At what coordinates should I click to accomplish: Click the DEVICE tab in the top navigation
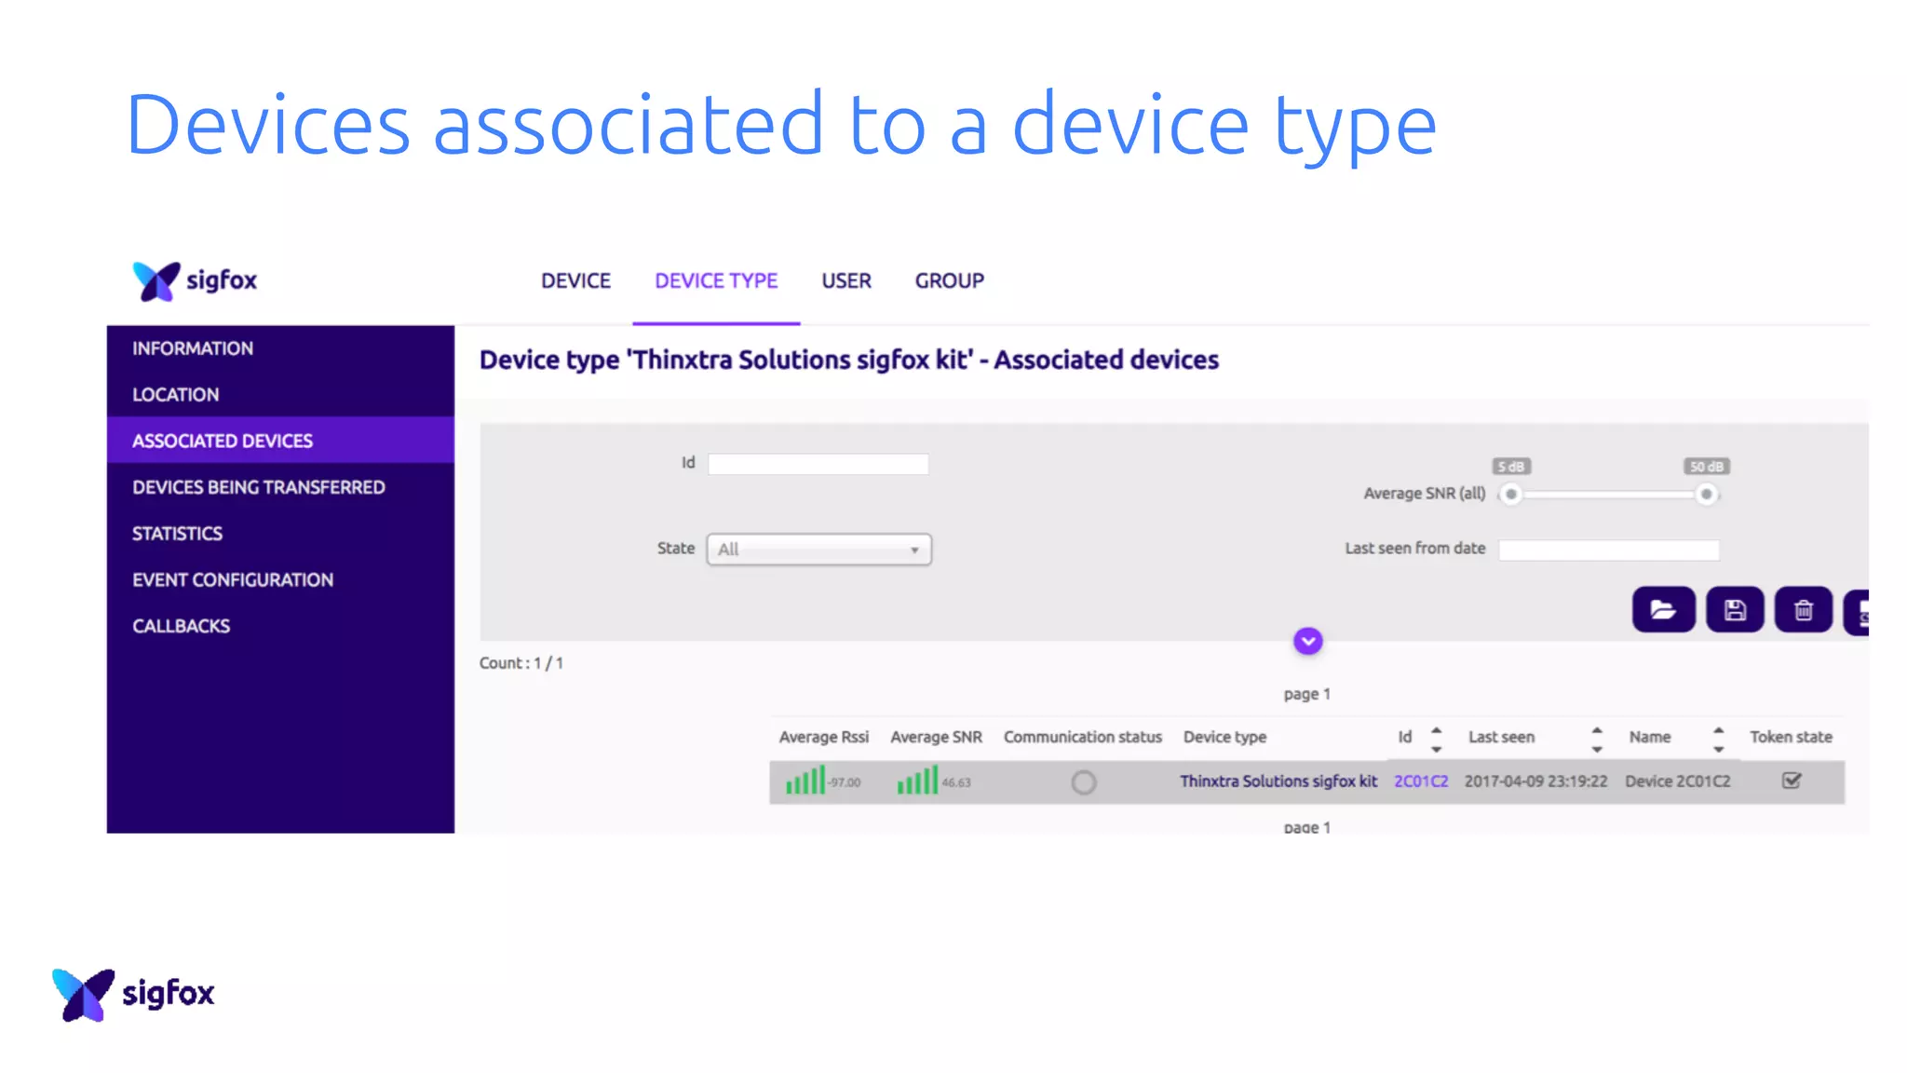tap(575, 280)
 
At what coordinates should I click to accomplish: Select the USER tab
tap(845, 280)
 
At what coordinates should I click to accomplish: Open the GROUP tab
tap(949, 280)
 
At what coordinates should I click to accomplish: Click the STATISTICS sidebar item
tap(177, 534)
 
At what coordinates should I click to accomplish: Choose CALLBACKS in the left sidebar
tap(181, 626)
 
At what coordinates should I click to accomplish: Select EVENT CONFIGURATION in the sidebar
tap(233, 579)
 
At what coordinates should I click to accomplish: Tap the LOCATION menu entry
tap(175, 395)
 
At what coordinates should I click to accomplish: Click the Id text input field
tap(818, 464)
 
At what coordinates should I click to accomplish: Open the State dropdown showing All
tap(818, 550)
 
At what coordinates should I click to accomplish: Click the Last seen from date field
tap(1608, 550)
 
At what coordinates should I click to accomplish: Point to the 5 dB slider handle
tap(1510, 495)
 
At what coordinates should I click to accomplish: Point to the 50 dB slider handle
tap(1706, 495)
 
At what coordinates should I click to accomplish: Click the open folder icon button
tap(1663, 610)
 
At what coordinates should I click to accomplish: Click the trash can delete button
tap(1803, 610)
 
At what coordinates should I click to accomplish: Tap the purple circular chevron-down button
tap(1307, 641)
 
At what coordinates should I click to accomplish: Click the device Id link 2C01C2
tap(1420, 781)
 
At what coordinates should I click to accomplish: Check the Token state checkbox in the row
tap(1791, 781)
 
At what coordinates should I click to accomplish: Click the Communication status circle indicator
tap(1083, 782)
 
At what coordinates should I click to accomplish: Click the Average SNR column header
tap(936, 737)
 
